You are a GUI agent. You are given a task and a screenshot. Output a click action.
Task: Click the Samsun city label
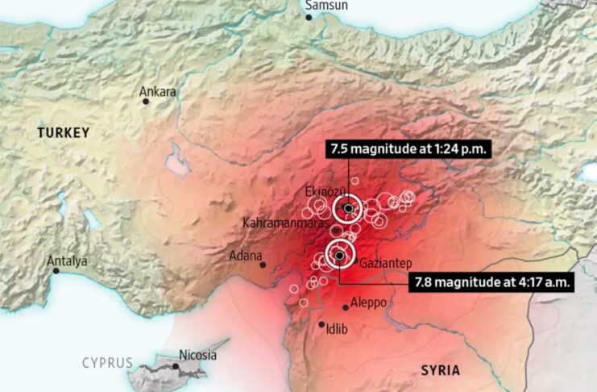click(x=326, y=6)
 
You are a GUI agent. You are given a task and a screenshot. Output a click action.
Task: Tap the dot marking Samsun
click(x=309, y=17)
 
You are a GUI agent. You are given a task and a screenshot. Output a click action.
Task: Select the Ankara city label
click(x=157, y=92)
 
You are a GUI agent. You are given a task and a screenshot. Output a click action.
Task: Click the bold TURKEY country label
click(x=63, y=131)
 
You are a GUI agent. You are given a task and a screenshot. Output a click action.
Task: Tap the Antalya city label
click(x=67, y=261)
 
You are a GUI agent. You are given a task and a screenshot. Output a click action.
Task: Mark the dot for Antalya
click(x=56, y=272)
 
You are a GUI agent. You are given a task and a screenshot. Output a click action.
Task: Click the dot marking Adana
click(x=263, y=265)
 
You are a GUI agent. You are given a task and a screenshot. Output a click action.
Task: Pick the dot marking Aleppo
click(x=346, y=307)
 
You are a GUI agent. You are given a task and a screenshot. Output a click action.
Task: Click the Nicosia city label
click(x=198, y=355)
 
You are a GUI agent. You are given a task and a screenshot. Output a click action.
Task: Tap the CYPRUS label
click(x=107, y=363)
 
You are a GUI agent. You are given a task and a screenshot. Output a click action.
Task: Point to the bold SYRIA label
click(x=440, y=370)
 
